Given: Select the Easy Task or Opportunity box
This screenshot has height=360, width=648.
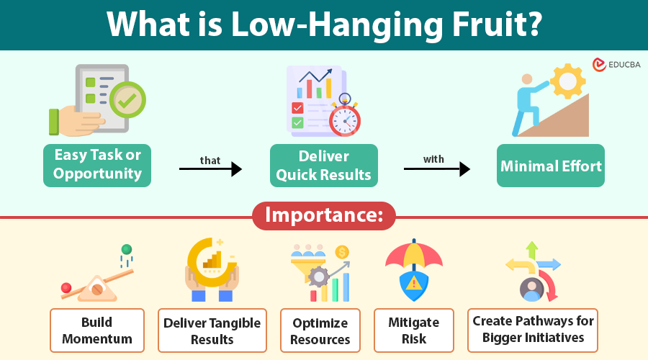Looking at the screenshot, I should point(97,165).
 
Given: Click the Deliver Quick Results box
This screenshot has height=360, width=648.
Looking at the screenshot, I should point(323,165).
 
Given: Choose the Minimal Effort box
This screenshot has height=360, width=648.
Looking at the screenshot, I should point(551,166).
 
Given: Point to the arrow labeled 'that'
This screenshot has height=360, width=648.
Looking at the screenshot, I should point(210,169).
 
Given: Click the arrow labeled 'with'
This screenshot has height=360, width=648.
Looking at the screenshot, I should point(436,169).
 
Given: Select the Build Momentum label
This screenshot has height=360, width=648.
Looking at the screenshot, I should point(97,330).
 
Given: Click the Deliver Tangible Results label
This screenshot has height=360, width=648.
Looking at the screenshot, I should point(212,330).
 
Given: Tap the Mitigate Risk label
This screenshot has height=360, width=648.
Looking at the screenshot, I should point(414,330).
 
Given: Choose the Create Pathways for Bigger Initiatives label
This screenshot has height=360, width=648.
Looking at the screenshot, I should point(534,328).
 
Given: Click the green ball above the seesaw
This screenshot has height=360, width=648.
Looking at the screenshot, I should point(127,249).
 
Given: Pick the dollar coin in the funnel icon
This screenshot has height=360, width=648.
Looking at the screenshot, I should point(342,252).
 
